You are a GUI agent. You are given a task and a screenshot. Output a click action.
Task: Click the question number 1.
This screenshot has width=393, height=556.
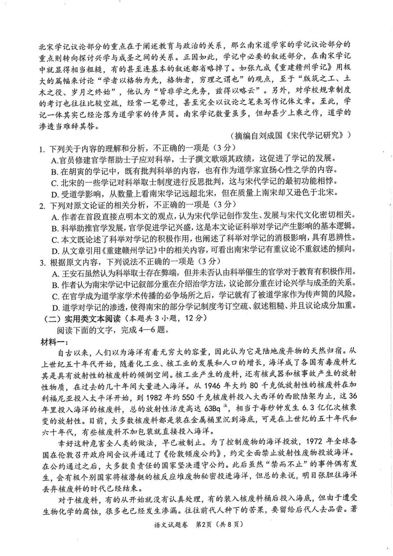[41, 149]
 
